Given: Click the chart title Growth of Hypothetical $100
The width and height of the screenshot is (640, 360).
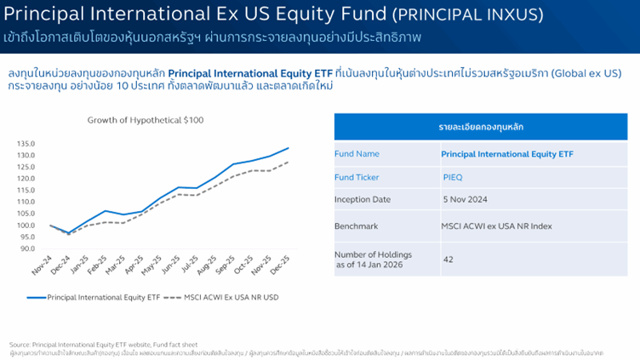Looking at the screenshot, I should [146, 120].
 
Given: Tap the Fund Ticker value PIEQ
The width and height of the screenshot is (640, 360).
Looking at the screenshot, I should [453, 177].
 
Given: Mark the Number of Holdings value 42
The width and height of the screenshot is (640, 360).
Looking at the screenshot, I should [448, 257].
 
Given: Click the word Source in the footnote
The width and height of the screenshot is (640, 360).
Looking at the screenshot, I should [20, 333].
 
